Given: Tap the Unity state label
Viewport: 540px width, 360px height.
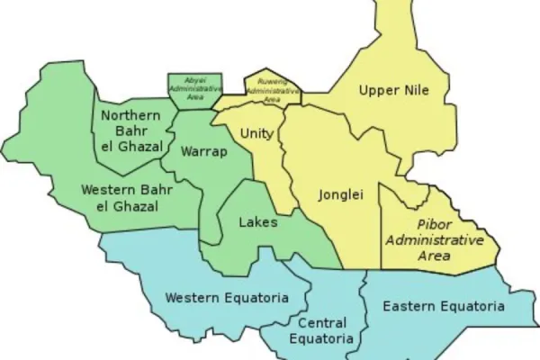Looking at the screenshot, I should point(256,133).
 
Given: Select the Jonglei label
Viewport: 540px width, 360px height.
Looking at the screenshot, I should point(342,194).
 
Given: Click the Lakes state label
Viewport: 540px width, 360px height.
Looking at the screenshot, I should point(258,221).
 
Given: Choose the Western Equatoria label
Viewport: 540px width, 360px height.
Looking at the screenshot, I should point(227,298).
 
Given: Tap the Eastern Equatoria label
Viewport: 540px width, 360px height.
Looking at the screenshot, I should point(443,307).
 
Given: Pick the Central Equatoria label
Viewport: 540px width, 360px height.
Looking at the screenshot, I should point(321,330).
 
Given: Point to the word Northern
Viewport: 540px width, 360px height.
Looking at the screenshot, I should point(131,115).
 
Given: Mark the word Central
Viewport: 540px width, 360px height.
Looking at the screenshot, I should point(321,322).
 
